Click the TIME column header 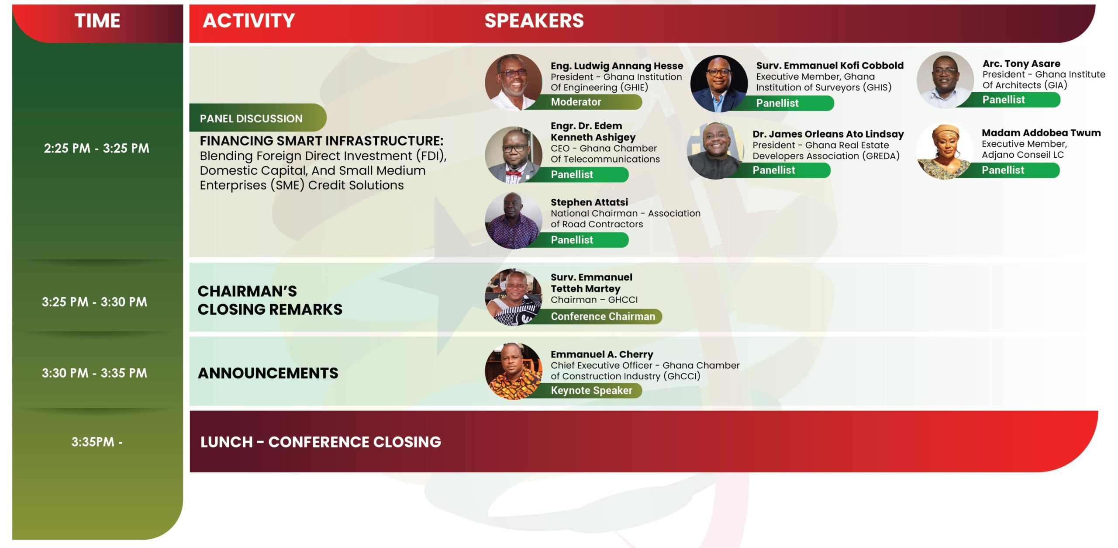coord(97,21)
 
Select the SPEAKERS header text coord(534,21)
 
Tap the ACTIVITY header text coord(249,21)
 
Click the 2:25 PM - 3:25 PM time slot coord(97,148)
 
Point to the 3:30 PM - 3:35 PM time coord(94,373)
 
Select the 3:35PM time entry coord(97,442)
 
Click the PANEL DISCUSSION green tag coord(258,118)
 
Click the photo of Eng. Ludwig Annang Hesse coord(514,82)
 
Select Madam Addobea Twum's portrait coord(944,151)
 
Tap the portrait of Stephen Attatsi coord(514,221)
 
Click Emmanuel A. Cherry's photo coord(514,371)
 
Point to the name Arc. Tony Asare coord(1021,64)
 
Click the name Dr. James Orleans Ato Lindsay coord(828,134)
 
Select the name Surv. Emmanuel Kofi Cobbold coord(830,66)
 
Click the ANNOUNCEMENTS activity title coord(268,373)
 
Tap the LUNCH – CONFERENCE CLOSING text coord(321,442)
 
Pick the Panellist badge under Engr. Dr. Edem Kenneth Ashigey coord(576,175)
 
